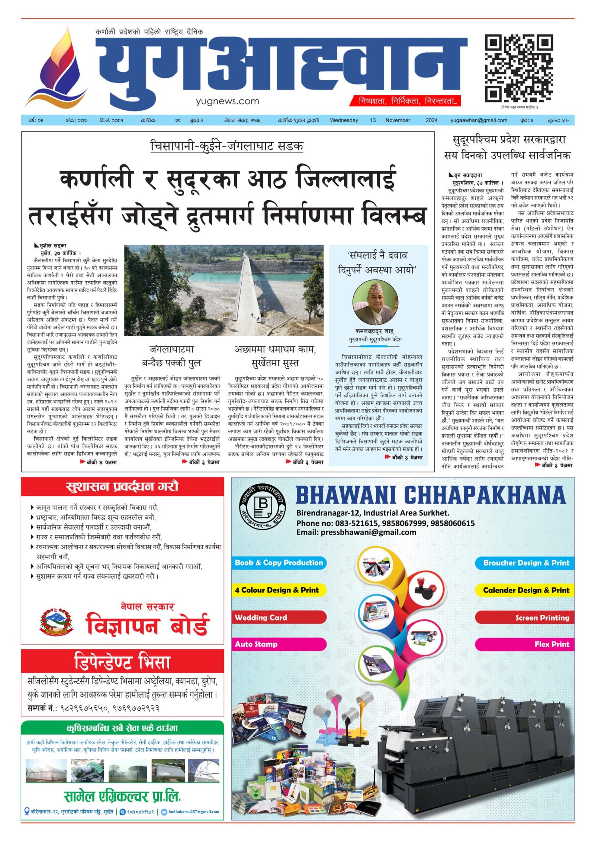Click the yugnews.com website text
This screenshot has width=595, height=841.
(227, 101)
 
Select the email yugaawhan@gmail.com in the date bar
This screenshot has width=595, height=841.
(479, 120)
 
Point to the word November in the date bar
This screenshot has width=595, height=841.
(398, 120)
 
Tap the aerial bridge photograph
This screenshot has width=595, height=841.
(223, 290)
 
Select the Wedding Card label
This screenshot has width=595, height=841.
(261, 618)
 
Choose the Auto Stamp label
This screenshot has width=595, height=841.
(256, 644)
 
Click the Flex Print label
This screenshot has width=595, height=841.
(551, 644)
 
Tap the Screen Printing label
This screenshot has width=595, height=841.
(542, 618)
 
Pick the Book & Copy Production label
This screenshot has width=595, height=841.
(279, 563)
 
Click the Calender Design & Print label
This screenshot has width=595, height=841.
(526, 590)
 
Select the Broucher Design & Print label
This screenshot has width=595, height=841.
(526, 563)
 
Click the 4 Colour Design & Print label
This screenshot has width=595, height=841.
(277, 590)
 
